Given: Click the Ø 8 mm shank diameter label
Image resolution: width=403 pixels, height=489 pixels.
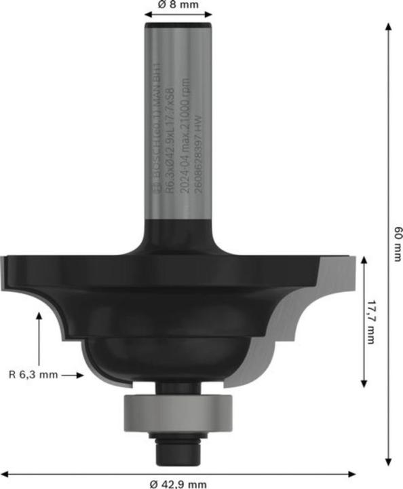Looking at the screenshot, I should pyautogui.click(x=179, y=5).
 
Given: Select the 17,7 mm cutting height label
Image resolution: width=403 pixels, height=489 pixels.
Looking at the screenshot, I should pyautogui.click(x=370, y=322).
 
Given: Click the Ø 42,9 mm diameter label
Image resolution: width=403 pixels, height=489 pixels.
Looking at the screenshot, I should pyautogui.click(x=178, y=483).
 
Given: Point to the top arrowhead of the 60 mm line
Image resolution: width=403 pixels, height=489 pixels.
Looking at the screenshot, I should pyautogui.click(x=389, y=26).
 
